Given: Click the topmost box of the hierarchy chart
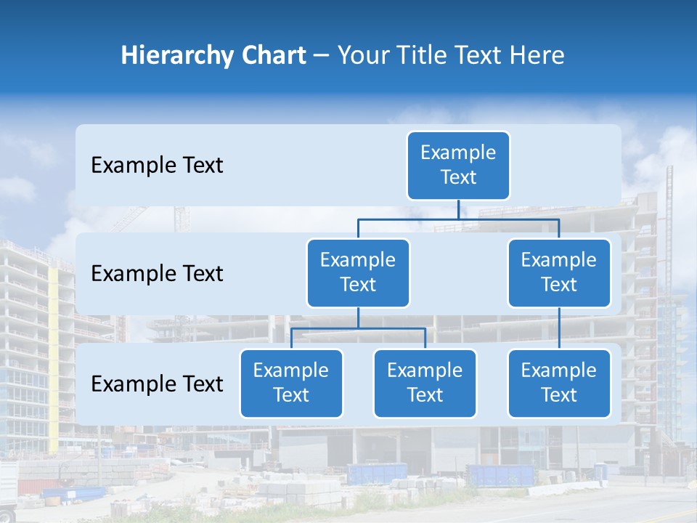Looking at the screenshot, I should pos(458,165).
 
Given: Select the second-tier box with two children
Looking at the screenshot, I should pos(358,272).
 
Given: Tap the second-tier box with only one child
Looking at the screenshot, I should pos(559,272).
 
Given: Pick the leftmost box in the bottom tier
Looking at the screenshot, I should pos(291,383).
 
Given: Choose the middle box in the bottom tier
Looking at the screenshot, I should pos(425,383).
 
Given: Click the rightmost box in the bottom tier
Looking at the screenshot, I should pos(559,383).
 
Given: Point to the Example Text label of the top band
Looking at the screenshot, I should pos(157,166).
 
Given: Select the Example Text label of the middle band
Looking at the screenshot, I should pos(157,274).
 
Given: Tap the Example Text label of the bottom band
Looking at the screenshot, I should pos(157,384).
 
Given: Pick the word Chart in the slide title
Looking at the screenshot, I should pos(274,56).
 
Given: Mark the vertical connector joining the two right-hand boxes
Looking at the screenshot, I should pos(559,328).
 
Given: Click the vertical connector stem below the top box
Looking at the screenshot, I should pos(458,209).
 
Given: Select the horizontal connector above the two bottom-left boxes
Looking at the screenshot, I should pos(358,328).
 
